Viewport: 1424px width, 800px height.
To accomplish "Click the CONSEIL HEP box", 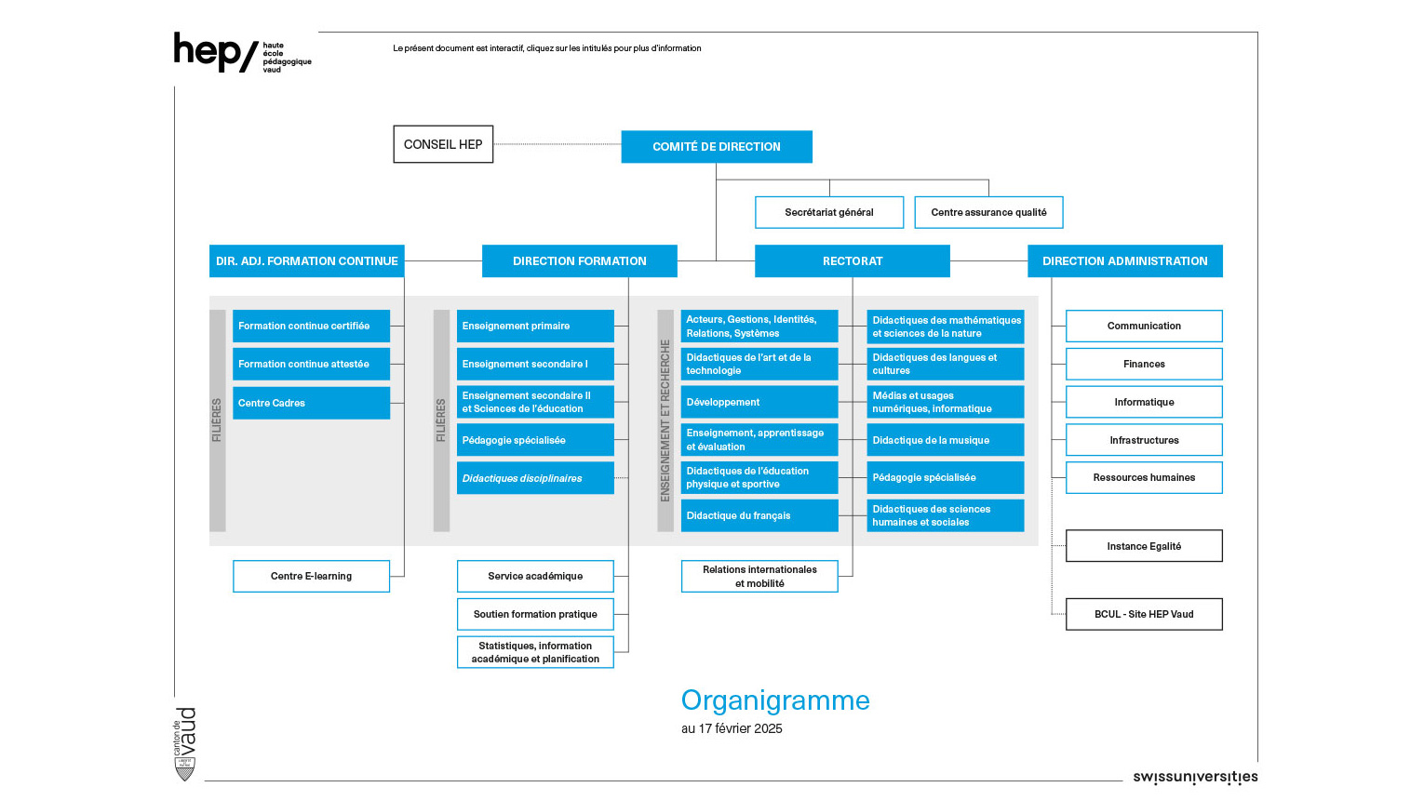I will pos(443,144).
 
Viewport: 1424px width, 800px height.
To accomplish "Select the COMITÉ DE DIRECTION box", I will pos(717,147).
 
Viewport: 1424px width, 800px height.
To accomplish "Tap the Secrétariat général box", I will pos(829,212).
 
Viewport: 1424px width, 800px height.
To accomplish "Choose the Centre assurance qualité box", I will pos(988,212).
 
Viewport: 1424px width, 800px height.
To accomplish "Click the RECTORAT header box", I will pos(853,261).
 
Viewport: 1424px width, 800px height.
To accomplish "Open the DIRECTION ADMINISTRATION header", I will pos(1124,261).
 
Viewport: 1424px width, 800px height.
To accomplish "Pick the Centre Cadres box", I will pos(311,403).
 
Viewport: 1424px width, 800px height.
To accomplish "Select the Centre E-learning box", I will pos(311,576).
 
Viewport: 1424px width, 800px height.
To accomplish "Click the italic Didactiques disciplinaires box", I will pos(535,478).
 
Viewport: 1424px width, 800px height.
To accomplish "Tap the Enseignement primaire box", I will pos(535,326).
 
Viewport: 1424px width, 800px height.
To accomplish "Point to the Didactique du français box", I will pos(759,515).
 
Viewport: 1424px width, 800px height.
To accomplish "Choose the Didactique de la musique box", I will pos(946,440).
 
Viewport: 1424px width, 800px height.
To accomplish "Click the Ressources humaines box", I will pos(1144,477).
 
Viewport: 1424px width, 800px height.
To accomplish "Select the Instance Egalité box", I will pos(1144,546).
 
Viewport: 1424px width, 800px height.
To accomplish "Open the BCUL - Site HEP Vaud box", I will pos(1144,614).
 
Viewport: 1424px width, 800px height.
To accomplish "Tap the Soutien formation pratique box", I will pos(535,614).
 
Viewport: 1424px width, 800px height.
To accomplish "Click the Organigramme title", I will pos(775,700).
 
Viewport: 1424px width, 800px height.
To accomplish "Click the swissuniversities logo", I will pos(1195,777).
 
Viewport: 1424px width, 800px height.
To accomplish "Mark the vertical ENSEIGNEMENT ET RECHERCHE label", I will pos(665,420).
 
